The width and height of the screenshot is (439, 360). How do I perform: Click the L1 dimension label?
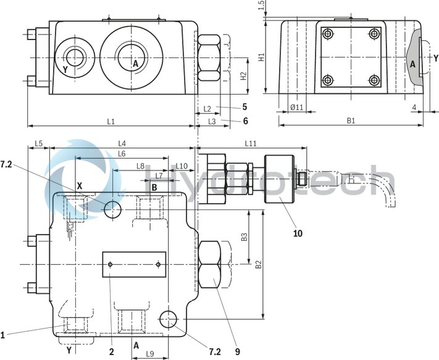click(x=111, y=121)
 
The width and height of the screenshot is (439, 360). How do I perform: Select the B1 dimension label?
click(x=350, y=121)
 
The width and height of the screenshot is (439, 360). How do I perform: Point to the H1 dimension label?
click(x=261, y=57)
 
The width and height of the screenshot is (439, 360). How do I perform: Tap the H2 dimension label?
click(x=244, y=76)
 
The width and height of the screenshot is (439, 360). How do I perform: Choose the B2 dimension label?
click(x=259, y=264)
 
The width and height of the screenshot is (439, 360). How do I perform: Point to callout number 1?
click(x=3, y=335)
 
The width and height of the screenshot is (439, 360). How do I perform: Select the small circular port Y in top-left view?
click(x=74, y=57)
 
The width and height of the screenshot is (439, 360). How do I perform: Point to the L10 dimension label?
click(x=182, y=166)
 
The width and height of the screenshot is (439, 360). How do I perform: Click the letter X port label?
click(x=80, y=185)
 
